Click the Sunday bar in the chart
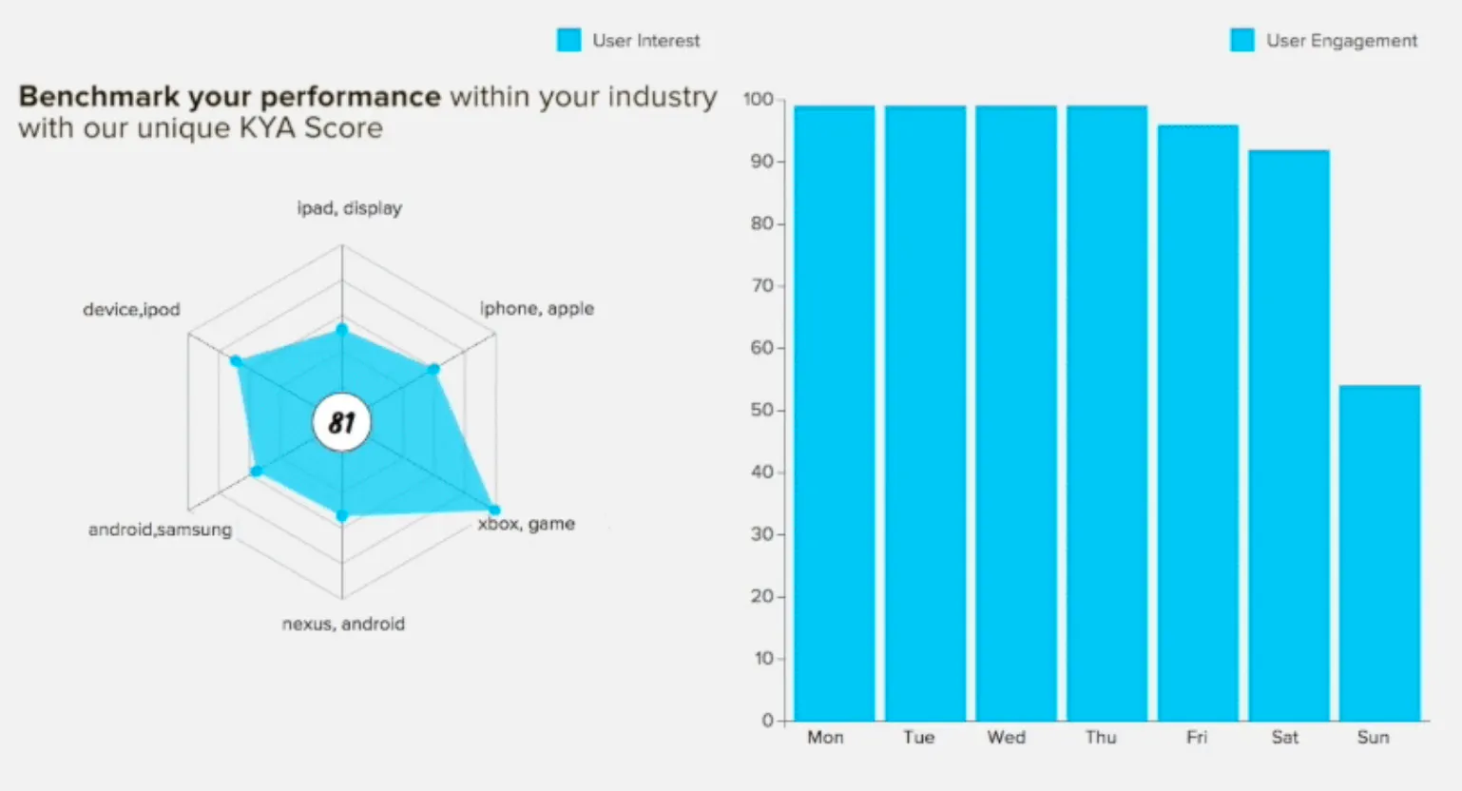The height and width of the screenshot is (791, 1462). pyautogui.click(x=1379, y=552)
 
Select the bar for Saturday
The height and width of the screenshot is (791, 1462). pyautogui.click(x=1289, y=435)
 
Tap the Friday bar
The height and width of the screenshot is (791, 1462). pyautogui.click(x=1199, y=423)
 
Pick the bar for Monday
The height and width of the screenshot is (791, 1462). pyautogui.click(x=834, y=414)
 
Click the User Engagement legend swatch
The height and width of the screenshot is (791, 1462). pyautogui.click(x=1242, y=40)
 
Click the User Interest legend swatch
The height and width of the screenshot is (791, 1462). pyautogui.click(x=568, y=40)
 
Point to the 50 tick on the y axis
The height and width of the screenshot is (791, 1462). pyautogui.click(x=761, y=411)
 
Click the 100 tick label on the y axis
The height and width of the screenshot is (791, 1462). pyautogui.click(x=759, y=99)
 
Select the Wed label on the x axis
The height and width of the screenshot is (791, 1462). pyautogui.click(x=1007, y=738)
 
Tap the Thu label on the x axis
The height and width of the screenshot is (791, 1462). pyautogui.click(x=1101, y=738)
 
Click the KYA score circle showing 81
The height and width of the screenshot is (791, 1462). pyautogui.click(x=342, y=422)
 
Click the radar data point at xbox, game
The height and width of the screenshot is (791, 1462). pyautogui.click(x=494, y=510)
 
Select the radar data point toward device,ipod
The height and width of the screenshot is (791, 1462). pyautogui.click(x=237, y=361)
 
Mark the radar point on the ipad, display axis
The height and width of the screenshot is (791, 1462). pyautogui.click(x=342, y=329)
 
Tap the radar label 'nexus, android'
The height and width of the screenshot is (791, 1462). pyautogui.click(x=343, y=624)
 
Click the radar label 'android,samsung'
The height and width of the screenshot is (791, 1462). pyautogui.click(x=160, y=530)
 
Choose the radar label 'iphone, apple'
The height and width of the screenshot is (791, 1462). pyautogui.click(x=537, y=309)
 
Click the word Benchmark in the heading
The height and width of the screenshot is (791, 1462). pyautogui.click(x=99, y=97)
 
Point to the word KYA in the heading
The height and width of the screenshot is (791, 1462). pyautogui.click(x=268, y=127)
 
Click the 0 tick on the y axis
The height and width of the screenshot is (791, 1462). pyautogui.click(x=767, y=721)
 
